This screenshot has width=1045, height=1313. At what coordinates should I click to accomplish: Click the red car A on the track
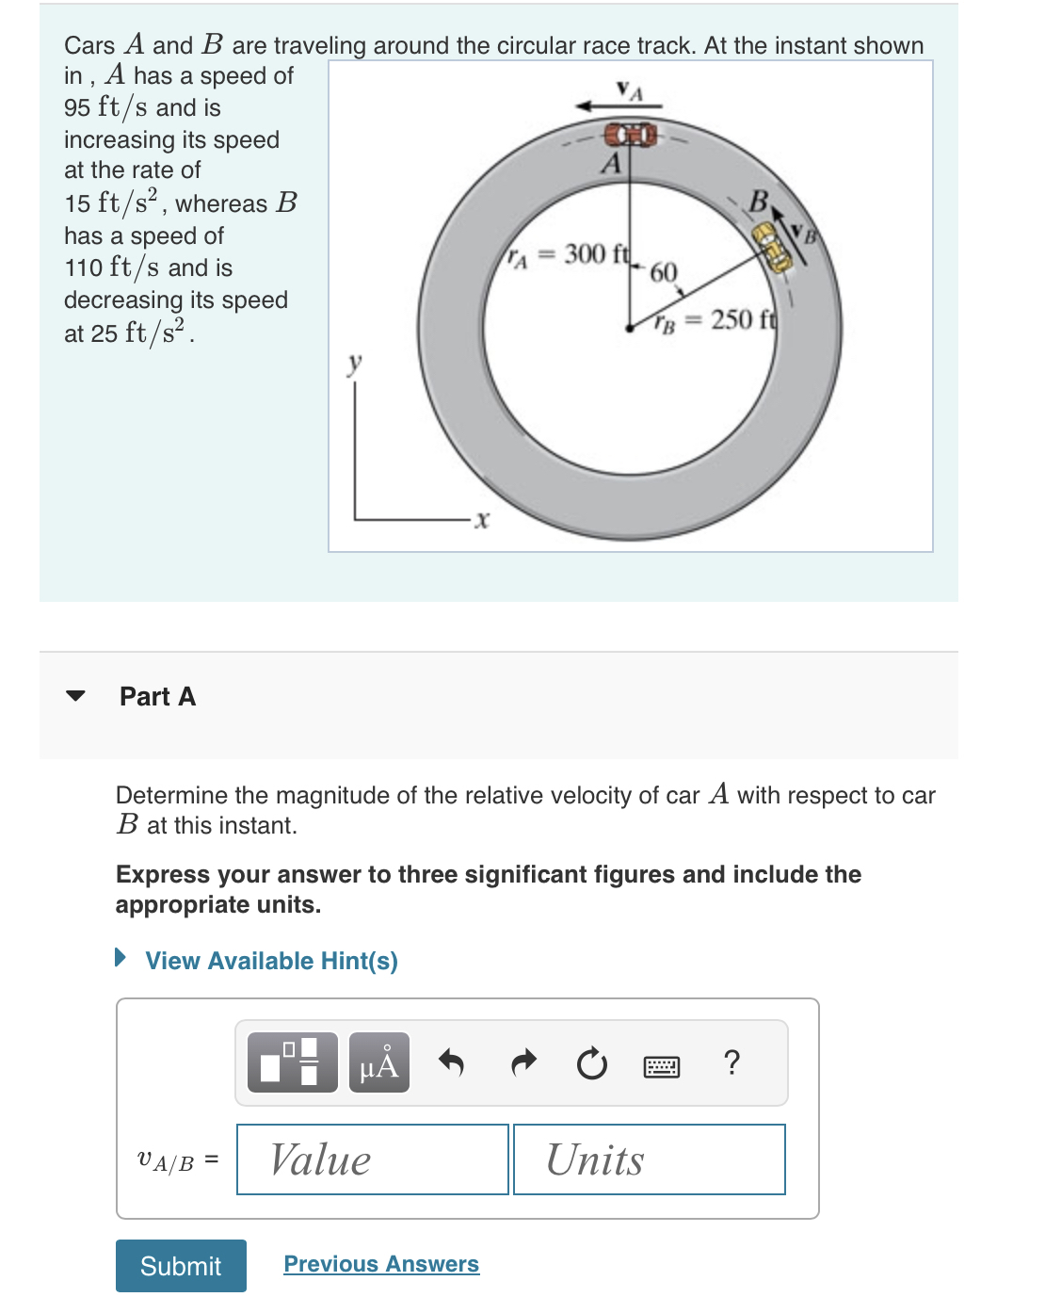click(x=630, y=134)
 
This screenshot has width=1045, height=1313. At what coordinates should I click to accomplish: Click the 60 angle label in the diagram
click(x=664, y=273)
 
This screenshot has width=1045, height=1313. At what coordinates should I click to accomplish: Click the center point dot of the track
click(x=629, y=328)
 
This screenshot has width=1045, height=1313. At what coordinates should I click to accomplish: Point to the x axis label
click(x=482, y=519)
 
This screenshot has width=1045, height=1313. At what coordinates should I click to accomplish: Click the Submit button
click(x=181, y=1265)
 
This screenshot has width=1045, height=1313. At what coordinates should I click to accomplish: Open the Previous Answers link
click(x=381, y=1264)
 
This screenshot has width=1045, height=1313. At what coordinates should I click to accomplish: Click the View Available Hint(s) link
click(x=271, y=961)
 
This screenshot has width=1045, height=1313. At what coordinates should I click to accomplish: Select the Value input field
click(x=373, y=1159)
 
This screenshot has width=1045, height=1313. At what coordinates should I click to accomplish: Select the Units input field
click(x=649, y=1159)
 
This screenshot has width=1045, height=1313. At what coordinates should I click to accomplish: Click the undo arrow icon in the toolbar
click(x=452, y=1062)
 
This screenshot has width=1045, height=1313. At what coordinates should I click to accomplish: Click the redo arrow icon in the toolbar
click(x=522, y=1062)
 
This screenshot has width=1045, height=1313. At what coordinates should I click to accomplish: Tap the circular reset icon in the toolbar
click(x=592, y=1063)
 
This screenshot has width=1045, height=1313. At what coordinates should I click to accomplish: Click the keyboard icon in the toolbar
click(x=662, y=1066)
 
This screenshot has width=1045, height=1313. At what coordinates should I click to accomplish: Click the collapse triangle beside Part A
click(x=76, y=696)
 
